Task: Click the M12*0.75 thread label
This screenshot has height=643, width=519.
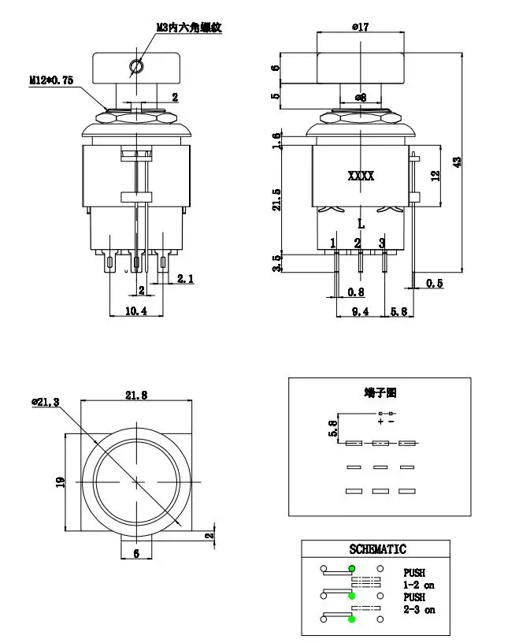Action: tap(51, 80)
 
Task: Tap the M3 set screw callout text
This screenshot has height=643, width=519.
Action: tap(188, 27)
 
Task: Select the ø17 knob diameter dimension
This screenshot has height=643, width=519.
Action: tap(360, 27)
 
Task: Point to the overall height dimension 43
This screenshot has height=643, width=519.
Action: tap(457, 161)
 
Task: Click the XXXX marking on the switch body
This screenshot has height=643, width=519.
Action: tap(361, 177)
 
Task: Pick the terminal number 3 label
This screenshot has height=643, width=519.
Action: tap(382, 243)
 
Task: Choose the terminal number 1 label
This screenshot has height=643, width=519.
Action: tap(333, 243)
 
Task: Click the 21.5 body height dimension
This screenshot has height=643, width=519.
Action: tap(276, 199)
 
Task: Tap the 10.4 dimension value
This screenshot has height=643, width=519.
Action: tap(136, 311)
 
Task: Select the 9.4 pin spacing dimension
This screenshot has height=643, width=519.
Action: tap(360, 312)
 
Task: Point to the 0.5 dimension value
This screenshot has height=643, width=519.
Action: tap(434, 283)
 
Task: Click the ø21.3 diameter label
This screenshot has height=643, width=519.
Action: tap(46, 402)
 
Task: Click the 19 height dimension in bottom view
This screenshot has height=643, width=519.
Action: tap(60, 481)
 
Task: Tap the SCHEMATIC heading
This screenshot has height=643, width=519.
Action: tap(377, 549)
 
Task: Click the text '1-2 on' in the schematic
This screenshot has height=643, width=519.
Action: tap(419, 585)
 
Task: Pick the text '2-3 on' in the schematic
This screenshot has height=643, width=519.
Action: tap(419, 610)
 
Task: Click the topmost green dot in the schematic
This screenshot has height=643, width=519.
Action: tap(352, 568)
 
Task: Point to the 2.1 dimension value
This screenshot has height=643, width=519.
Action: tap(186, 278)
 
